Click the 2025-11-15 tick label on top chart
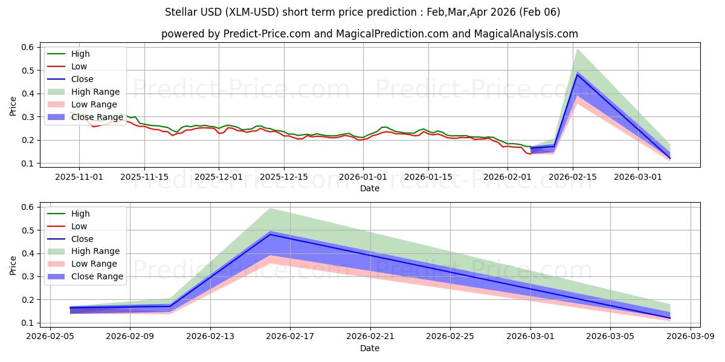144,177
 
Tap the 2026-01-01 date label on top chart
362,177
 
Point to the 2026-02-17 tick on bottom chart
290,337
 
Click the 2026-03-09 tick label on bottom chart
691,337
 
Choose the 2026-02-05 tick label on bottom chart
50,337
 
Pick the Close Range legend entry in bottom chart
97,276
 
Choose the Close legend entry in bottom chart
82,239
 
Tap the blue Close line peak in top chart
577,74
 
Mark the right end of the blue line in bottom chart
670,318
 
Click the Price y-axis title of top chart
13,106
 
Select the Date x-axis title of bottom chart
370,348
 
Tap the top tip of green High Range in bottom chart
270,208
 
